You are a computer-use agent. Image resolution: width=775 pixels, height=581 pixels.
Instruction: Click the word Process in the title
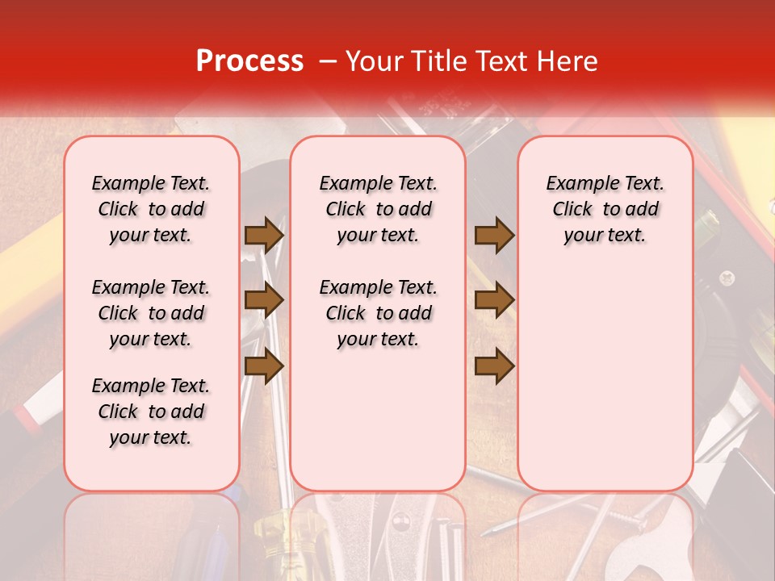coord(249,61)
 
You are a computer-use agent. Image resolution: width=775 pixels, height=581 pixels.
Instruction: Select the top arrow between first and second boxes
coord(264,235)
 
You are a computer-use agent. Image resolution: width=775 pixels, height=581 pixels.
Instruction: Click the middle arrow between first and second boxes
coord(264,301)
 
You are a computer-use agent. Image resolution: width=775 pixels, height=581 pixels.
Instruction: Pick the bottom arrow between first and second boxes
coord(264,366)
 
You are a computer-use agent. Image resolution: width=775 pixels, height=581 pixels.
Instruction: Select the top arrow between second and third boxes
coord(494,235)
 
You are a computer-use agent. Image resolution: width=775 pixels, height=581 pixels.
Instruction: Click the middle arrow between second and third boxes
coord(494,301)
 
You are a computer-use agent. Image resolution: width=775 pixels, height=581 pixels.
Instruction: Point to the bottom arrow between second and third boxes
coord(494,366)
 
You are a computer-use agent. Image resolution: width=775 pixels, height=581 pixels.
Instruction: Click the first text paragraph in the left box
coord(151,209)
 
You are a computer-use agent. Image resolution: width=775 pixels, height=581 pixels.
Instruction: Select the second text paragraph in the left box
coord(151,313)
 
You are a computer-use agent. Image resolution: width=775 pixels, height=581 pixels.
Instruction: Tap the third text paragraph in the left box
coord(151,412)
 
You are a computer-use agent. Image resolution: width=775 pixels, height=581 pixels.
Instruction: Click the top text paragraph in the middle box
coord(378,209)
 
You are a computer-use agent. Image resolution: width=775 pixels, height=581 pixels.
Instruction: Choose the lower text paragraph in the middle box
coord(378,313)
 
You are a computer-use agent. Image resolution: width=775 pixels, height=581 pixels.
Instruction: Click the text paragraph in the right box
coord(605,209)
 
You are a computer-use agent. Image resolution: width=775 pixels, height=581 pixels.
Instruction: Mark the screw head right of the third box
coord(727,278)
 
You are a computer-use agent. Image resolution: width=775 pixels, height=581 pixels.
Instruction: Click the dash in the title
coord(327,61)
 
